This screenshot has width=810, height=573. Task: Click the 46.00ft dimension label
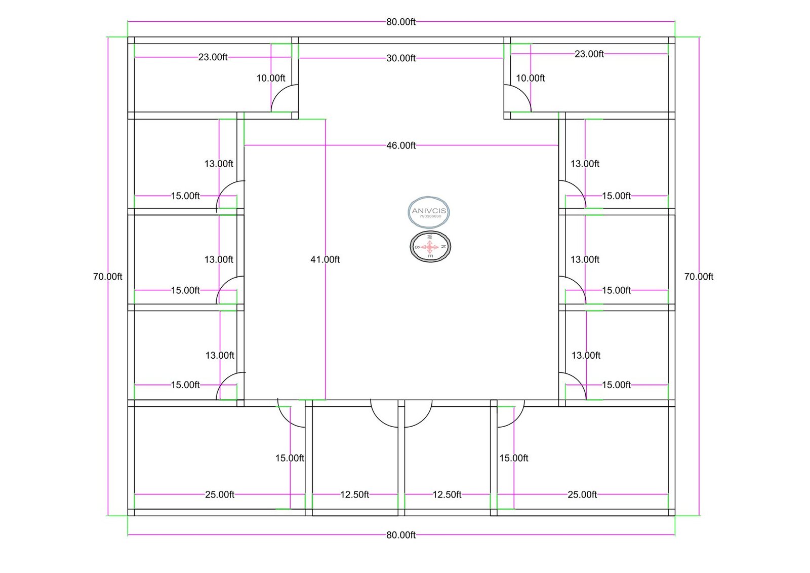pos(401,145)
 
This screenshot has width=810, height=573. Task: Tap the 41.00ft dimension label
pos(325,259)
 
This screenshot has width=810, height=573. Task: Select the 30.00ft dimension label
pos(401,58)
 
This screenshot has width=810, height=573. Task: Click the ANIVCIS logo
pos(429,212)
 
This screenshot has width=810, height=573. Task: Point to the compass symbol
pos(430,247)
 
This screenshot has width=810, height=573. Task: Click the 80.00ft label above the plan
pos(401,22)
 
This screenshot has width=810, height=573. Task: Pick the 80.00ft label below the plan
pos(401,535)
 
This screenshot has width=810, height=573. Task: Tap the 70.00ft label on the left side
pos(108,277)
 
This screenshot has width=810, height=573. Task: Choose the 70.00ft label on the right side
pos(699,277)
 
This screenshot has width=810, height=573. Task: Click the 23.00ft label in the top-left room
pos(213,57)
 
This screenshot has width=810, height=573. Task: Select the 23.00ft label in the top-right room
pos(589,54)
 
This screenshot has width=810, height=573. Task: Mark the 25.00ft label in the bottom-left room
pos(220,494)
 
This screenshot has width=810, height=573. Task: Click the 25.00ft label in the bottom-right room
pos(582,494)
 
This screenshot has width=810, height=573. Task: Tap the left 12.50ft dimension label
pos(354,494)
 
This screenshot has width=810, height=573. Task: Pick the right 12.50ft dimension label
pos(447,494)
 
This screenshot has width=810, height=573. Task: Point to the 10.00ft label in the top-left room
pos(271,78)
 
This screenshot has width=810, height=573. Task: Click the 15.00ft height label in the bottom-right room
pos(514,458)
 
